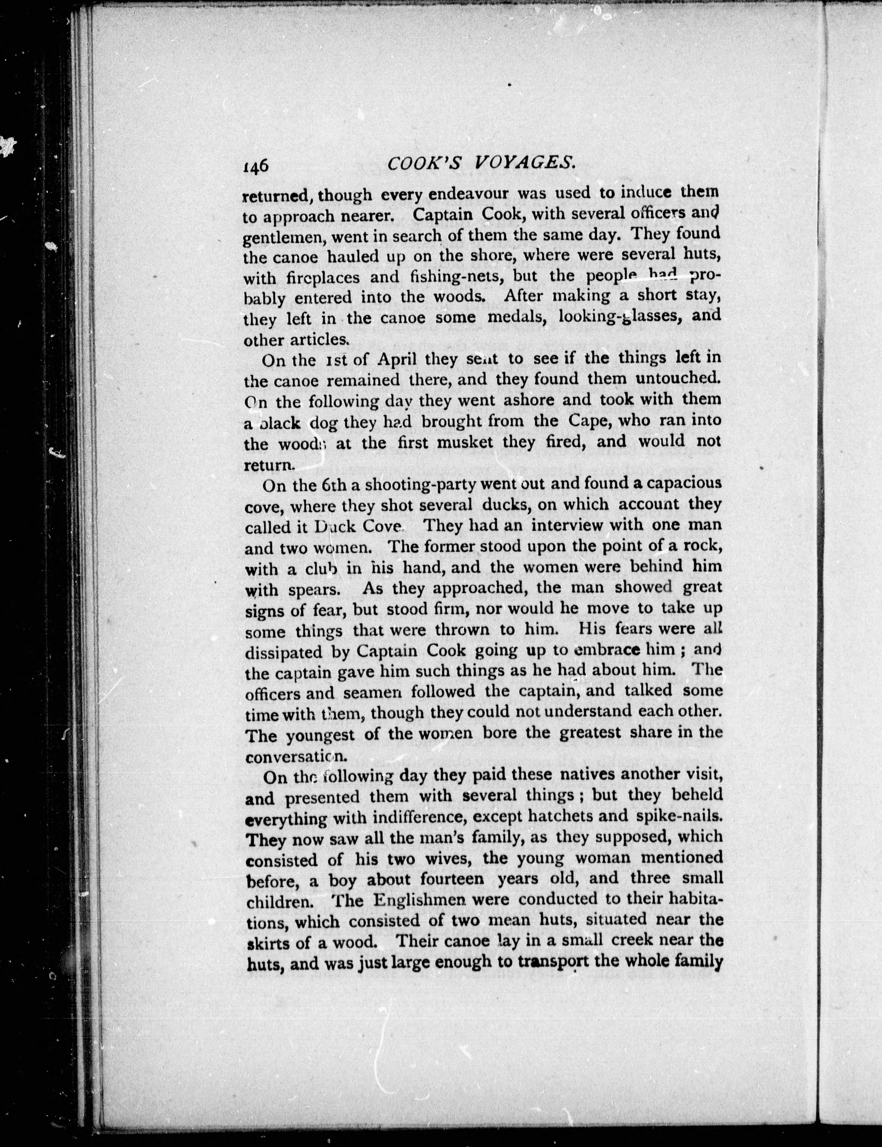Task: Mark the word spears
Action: tap(314, 590)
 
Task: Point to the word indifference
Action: tap(402, 818)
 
